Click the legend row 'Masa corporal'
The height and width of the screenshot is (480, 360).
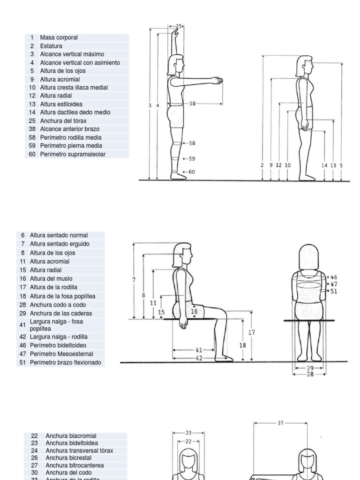[x=59, y=37]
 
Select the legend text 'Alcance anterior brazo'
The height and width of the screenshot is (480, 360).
[x=69, y=129]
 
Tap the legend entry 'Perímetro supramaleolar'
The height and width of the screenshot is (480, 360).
[x=73, y=154]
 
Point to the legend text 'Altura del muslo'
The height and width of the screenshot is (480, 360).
[x=51, y=278]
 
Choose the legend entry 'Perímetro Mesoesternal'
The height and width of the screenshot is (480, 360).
[x=61, y=354]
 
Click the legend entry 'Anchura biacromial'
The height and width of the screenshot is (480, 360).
[x=71, y=435]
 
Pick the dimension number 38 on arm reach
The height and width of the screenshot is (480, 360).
[x=192, y=104]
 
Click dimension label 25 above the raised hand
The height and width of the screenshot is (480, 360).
[x=179, y=27]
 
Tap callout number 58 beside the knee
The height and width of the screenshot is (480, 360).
[x=192, y=143]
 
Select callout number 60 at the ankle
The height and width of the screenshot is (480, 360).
[x=192, y=172]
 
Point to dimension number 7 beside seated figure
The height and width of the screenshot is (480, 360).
[x=134, y=280]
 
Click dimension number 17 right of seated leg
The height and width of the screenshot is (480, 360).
[x=252, y=332]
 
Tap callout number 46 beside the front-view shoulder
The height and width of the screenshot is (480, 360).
[x=334, y=277]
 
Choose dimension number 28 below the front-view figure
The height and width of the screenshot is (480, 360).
[x=310, y=374]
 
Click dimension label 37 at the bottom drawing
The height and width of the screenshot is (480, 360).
[x=280, y=423]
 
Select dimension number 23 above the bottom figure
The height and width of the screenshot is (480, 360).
[x=189, y=433]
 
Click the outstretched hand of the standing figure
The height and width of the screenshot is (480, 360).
[x=216, y=81]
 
